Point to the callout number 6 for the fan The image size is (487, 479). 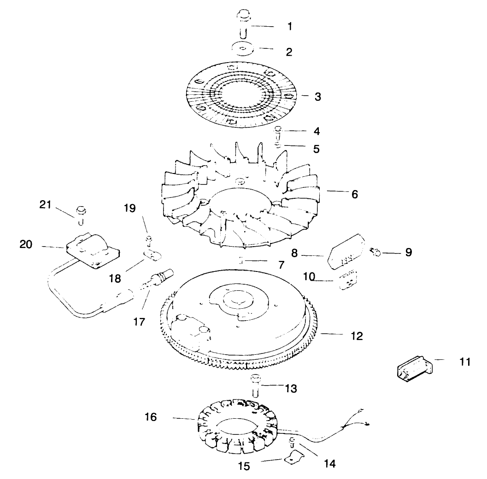(x=354, y=194)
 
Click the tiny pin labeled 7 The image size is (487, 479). (x=241, y=260)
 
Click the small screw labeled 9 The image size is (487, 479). (x=375, y=251)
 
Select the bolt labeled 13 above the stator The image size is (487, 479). (x=256, y=385)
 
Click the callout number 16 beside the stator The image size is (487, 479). (x=150, y=417)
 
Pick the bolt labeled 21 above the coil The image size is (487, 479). (x=81, y=212)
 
